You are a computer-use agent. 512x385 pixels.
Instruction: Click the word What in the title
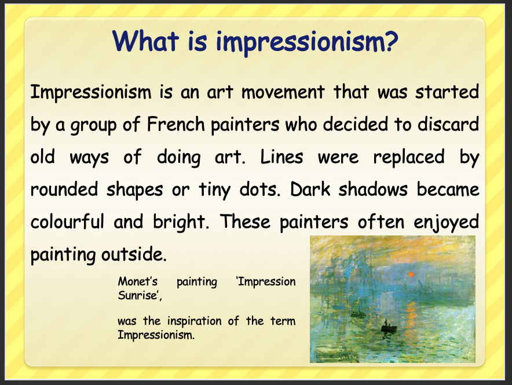[x=145, y=41]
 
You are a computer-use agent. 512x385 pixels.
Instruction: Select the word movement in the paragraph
[x=283, y=92]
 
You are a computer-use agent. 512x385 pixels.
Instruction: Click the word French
[x=176, y=124]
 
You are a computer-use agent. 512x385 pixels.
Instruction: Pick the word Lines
[x=282, y=157]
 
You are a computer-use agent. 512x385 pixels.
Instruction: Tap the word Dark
[x=310, y=189]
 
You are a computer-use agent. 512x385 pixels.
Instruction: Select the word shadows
[x=373, y=189]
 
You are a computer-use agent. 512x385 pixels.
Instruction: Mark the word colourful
[x=67, y=221]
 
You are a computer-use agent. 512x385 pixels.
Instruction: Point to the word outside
[x=134, y=255]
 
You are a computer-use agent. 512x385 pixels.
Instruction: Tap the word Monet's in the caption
[x=138, y=281]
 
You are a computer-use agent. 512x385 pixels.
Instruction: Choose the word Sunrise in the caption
[x=139, y=295]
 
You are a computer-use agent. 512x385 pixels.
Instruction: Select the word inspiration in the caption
[x=194, y=322]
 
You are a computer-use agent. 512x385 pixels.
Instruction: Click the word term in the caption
[x=283, y=321]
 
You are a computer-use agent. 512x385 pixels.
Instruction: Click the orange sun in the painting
[x=411, y=274]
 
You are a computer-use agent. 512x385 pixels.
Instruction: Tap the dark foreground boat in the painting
[x=389, y=328]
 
